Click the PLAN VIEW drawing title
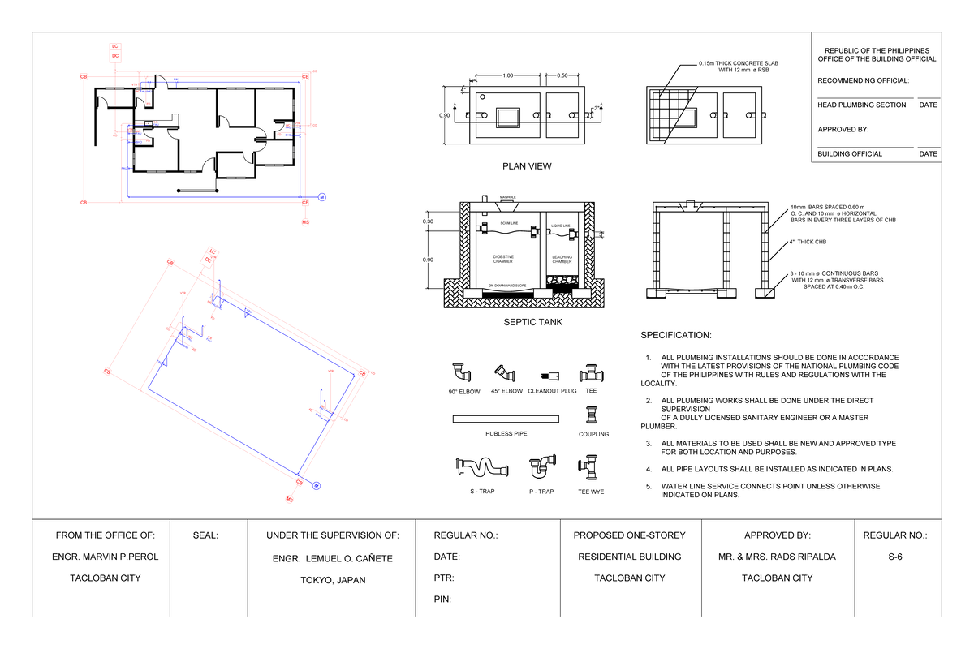(527, 166)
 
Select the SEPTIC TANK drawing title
(527, 322)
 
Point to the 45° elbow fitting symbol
(506, 372)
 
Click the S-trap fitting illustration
(481, 468)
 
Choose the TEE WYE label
(590, 492)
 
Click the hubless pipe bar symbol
(506, 418)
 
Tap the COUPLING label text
(593, 434)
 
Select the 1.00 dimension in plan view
(508, 75)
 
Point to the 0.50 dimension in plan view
(562, 75)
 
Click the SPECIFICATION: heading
(676, 336)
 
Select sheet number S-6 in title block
(894, 557)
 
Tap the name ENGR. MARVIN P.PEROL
(101, 557)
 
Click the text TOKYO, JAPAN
(333, 580)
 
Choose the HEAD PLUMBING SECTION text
(861, 105)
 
